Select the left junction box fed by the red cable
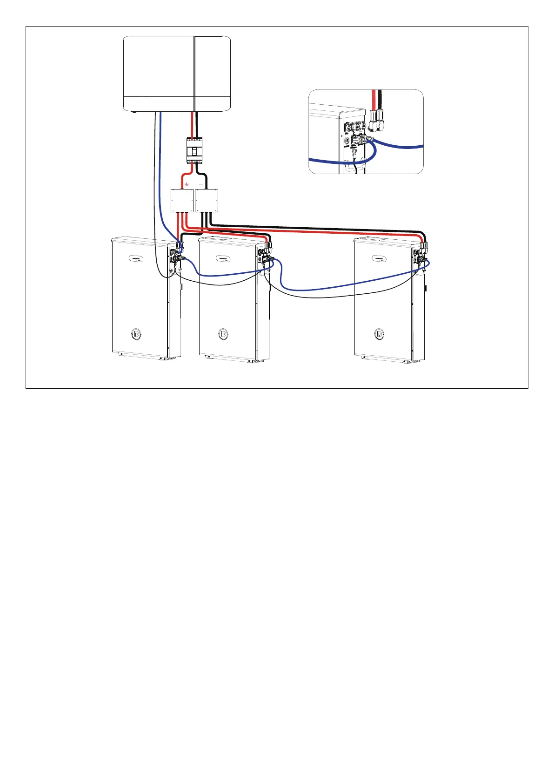pos(182,201)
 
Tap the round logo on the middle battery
pos(223,334)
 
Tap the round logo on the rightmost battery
pos(379,334)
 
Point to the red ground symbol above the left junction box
pos(187,184)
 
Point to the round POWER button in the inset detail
pos(347,139)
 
